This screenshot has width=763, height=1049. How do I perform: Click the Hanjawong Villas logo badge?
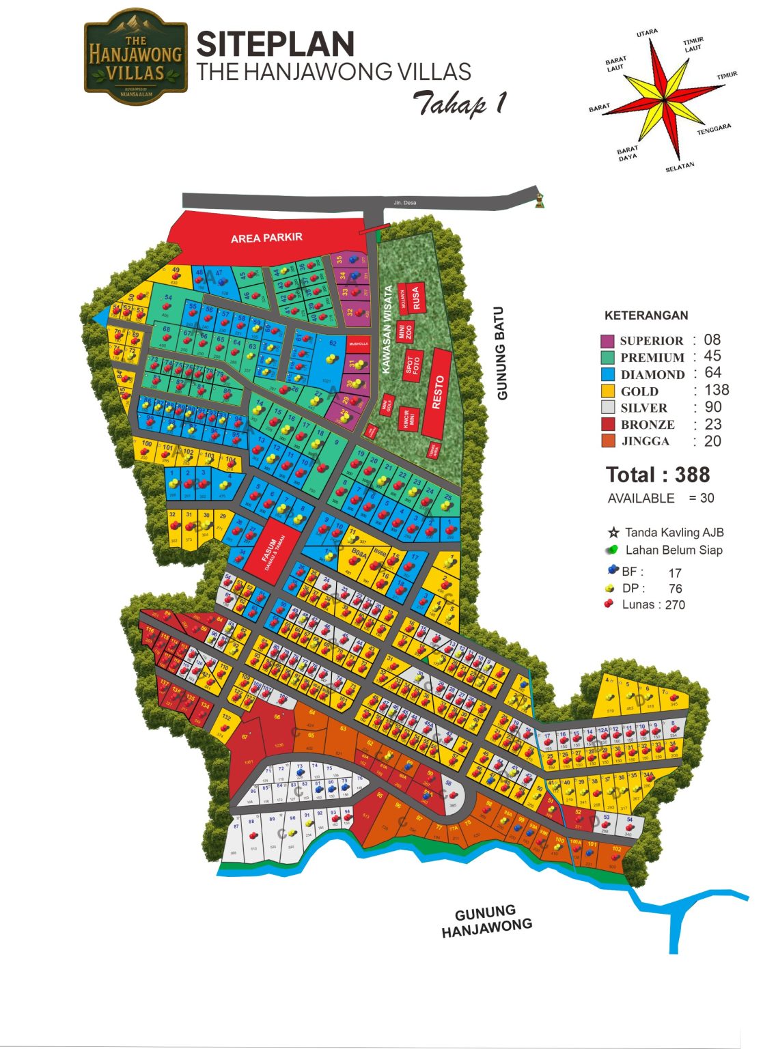[135, 57]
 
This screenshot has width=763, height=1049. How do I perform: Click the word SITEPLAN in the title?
[275, 45]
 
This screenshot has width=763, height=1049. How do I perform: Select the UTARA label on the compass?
[646, 33]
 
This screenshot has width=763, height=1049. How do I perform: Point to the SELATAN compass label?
[680, 167]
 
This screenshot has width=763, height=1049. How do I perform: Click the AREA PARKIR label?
[266, 238]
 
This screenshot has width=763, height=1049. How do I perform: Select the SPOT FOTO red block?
[413, 365]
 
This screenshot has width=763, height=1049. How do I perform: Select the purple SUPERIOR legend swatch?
[607, 341]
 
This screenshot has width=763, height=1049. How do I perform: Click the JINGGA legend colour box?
[607, 441]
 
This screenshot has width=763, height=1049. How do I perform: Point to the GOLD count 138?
[716, 390]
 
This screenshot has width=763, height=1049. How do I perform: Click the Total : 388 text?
[657, 475]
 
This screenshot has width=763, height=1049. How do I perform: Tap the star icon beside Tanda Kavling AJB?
[613, 533]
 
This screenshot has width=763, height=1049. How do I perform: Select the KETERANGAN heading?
[646, 316]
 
